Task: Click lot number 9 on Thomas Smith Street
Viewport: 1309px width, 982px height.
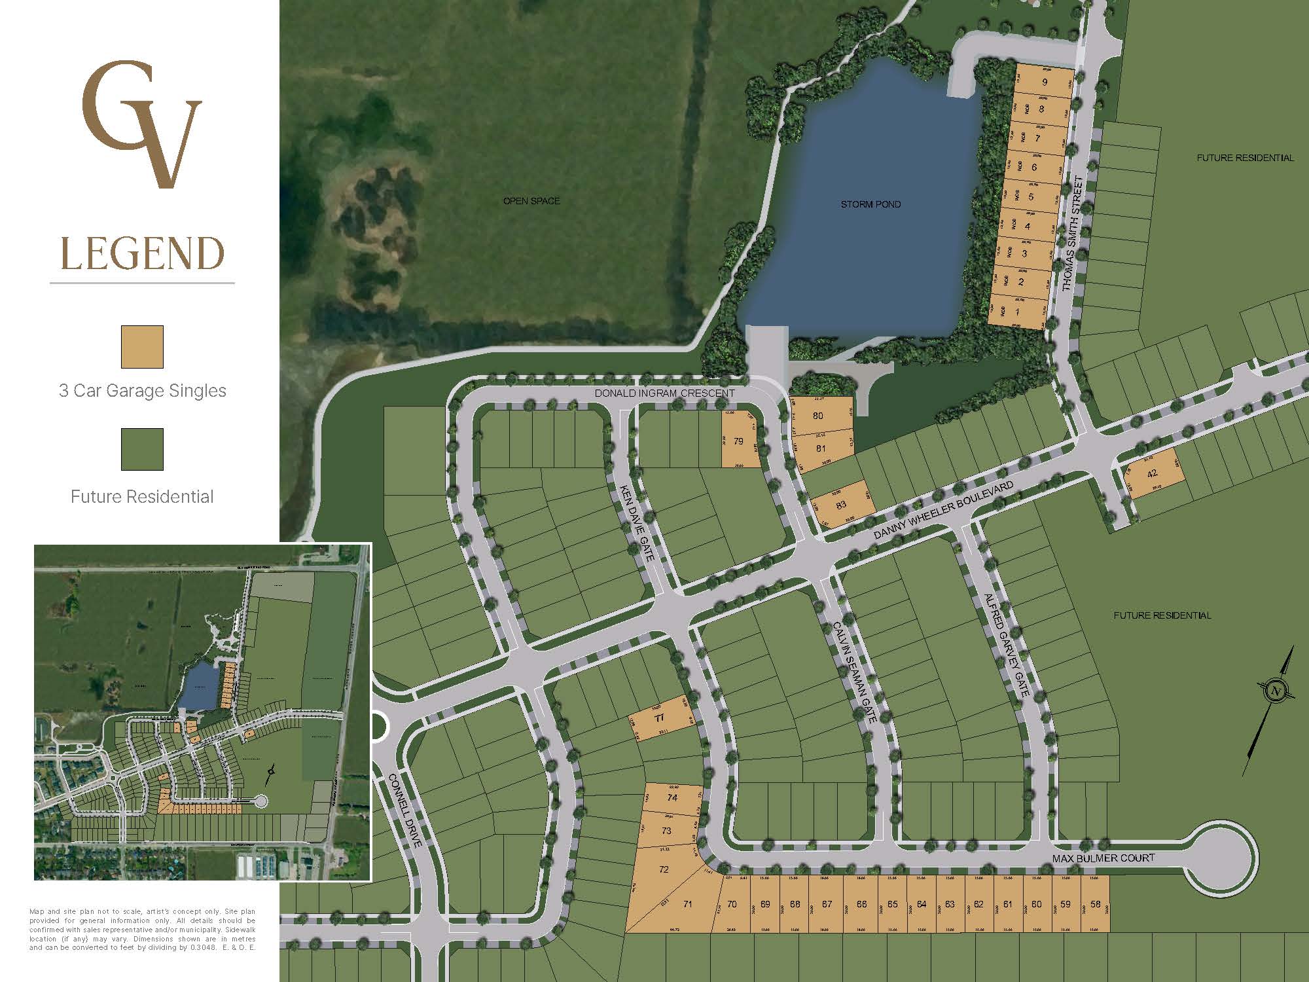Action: point(1045,82)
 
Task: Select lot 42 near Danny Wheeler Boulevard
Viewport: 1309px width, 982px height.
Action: point(1153,473)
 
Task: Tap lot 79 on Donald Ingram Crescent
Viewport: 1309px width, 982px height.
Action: point(738,441)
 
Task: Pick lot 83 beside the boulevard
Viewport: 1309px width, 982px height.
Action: point(841,505)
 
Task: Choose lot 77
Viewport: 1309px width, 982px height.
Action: point(659,718)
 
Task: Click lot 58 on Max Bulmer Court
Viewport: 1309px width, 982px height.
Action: point(1096,904)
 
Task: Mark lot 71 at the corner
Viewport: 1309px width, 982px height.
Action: point(687,904)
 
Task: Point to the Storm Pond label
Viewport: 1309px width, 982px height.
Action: point(870,204)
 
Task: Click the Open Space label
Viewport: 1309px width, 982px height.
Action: point(531,201)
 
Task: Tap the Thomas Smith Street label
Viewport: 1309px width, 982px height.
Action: point(1073,233)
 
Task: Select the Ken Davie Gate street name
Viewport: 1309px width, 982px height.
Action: point(637,522)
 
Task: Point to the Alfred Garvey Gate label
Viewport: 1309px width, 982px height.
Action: point(1007,646)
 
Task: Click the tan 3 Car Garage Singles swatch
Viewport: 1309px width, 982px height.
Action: point(142,347)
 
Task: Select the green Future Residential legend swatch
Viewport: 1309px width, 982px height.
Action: point(142,449)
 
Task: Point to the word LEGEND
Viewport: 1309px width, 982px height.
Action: point(142,254)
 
